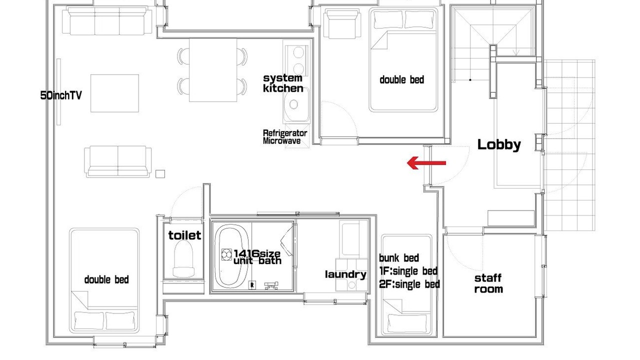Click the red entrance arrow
point(426,163)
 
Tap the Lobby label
point(499,144)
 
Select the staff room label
point(488,283)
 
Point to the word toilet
point(184,235)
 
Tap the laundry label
point(345,274)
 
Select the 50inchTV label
point(61,95)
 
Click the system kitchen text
point(283,83)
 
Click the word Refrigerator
point(285,133)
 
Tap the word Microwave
point(281,141)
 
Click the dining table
point(213,70)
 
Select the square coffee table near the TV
point(115,93)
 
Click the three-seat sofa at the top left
point(107,20)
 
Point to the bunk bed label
point(399,257)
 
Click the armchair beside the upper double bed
point(342,23)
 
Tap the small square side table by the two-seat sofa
point(160,173)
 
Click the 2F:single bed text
point(409,284)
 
